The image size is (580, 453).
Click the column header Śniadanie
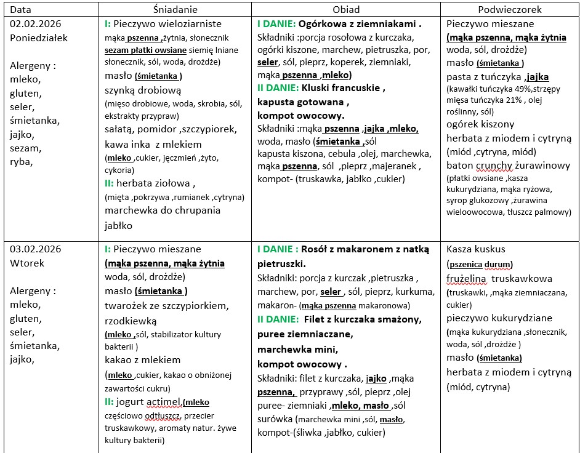(x=175, y=10)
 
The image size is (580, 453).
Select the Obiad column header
(x=346, y=10)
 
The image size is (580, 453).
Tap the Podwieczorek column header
(x=509, y=10)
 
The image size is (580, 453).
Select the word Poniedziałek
(x=39, y=38)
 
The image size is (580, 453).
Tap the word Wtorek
(x=27, y=263)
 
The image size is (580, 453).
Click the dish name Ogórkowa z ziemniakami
(x=360, y=25)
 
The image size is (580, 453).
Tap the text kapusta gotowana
(x=303, y=102)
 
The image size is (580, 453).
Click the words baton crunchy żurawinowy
(x=509, y=165)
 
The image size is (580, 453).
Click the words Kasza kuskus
(x=476, y=249)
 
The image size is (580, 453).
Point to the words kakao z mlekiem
(x=143, y=359)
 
